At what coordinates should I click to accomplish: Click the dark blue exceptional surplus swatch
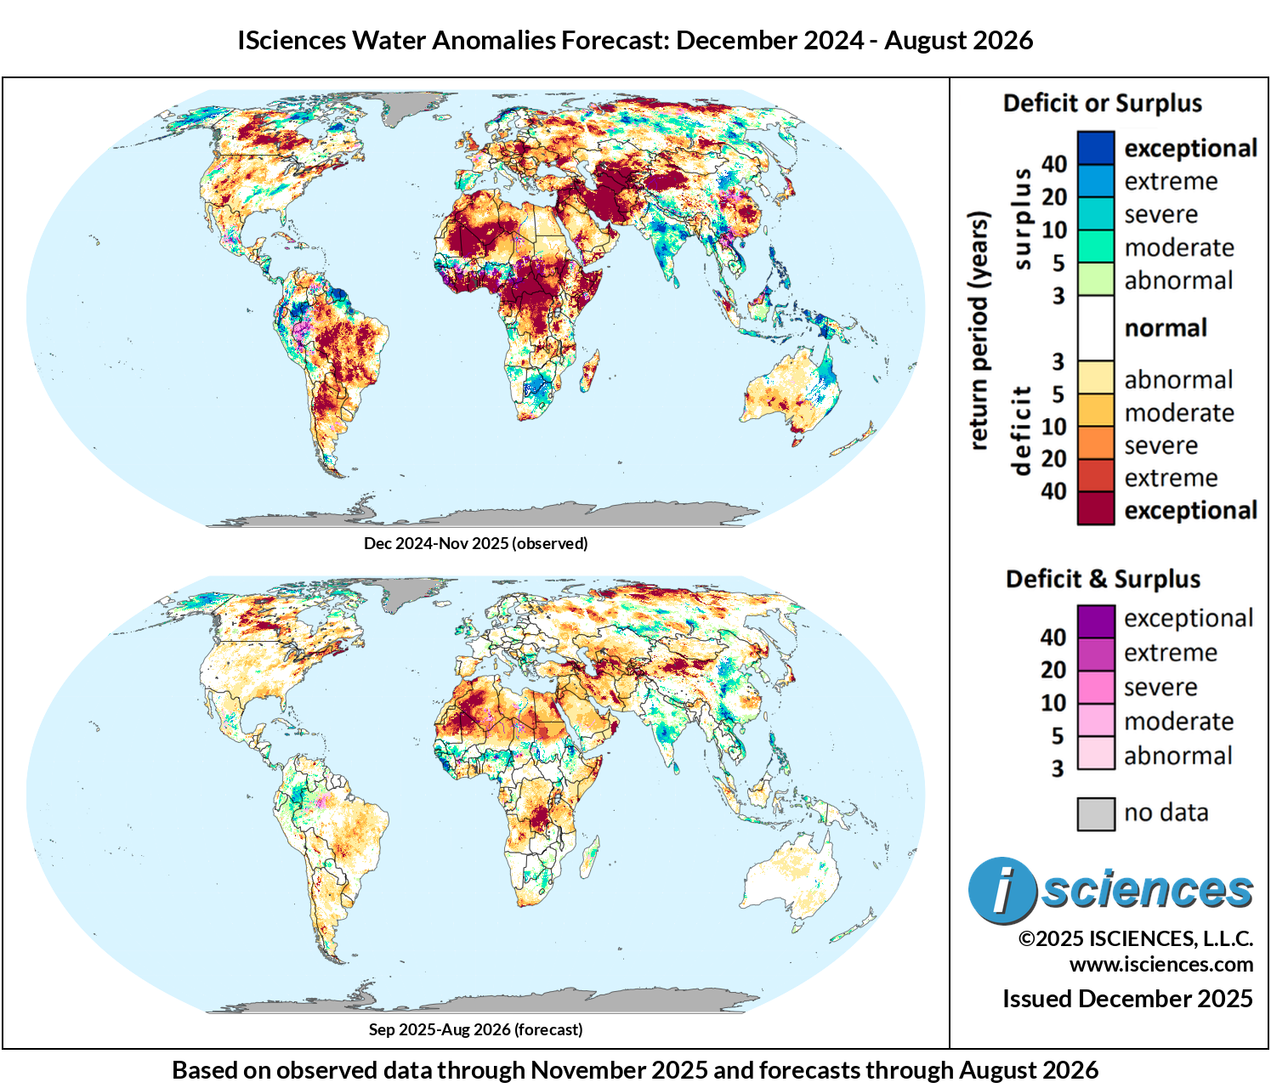coord(1095,148)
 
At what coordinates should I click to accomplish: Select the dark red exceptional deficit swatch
coord(1095,507)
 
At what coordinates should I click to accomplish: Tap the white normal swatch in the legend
coord(1095,327)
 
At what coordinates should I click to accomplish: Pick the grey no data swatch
coord(1096,813)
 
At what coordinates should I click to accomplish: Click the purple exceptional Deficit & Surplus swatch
coord(1096,621)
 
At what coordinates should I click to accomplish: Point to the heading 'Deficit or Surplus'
coord(1102,103)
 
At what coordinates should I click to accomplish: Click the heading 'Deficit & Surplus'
coord(1103,579)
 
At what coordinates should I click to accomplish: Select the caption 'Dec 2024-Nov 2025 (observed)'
coord(475,543)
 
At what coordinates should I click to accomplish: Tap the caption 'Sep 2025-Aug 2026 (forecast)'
coord(475,1029)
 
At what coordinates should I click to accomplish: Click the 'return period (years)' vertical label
coord(979,331)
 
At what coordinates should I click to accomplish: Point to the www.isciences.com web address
coord(1161,964)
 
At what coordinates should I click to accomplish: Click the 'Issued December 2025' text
coord(1127,999)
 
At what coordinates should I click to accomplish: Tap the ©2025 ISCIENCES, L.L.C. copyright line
coord(1135,938)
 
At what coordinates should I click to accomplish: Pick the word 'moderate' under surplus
coord(1179,247)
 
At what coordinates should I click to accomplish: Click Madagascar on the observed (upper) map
coord(590,371)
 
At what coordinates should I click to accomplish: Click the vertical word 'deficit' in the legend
coord(1021,431)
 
